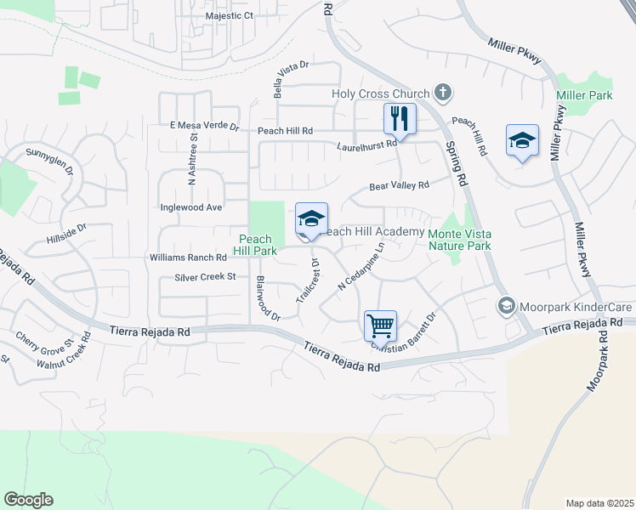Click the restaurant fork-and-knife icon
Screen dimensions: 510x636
click(x=400, y=119)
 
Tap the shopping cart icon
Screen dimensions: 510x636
click(x=379, y=325)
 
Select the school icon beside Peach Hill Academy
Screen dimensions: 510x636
click(x=311, y=219)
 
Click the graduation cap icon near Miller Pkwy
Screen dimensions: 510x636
click(x=522, y=141)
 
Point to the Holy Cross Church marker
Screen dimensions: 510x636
click(x=442, y=91)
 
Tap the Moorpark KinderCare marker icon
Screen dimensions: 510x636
click(x=507, y=305)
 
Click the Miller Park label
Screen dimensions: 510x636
click(x=584, y=95)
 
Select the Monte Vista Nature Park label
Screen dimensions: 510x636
click(x=460, y=239)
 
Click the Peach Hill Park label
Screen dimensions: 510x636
click(x=256, y=246)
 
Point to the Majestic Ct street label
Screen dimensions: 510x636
click(x=230, y=16)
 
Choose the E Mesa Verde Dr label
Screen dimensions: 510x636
click(x=205, y=126)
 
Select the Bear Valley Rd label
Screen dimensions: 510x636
click(x=399, y=185)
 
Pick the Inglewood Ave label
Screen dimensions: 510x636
click(x=191, y=207)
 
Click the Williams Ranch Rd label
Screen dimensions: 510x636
click(x=188, y=257)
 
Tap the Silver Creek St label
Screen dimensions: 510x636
click(x=205, y=277)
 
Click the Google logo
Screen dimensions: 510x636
click(x=28, y=500)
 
